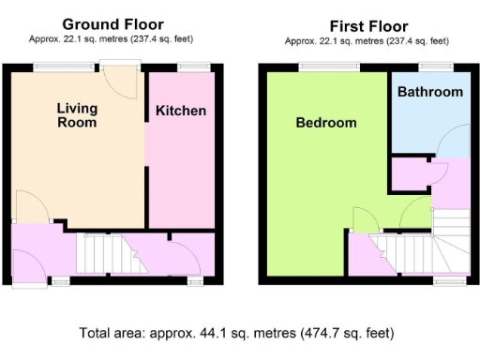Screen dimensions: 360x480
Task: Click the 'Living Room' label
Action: pos(77,115)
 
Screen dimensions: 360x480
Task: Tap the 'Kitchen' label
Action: pos(181,111)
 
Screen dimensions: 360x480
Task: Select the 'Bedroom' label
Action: pos(326,123)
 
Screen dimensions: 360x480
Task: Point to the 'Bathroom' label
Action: pos(430,92)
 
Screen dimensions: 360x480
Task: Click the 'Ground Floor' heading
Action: pos(112,24)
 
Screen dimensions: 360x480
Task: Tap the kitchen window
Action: pos(194,67)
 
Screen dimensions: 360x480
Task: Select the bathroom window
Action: pos(434,67)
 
